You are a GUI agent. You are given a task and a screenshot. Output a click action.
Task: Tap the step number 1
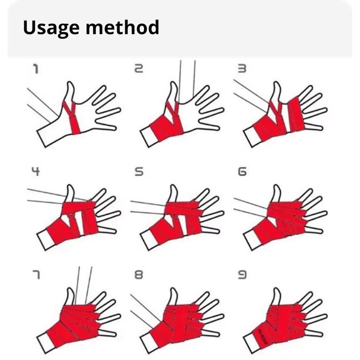[x=35, y=68]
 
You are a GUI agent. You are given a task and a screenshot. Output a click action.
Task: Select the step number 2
[x=139, y=68]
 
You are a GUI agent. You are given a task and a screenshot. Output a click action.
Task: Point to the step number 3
[x=242, y=68]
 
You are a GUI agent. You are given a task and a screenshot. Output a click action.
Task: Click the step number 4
[x=35, y=171]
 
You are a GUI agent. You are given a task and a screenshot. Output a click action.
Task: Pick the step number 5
[x=139, y=172]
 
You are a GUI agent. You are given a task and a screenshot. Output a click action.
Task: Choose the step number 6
[x=242, y=172]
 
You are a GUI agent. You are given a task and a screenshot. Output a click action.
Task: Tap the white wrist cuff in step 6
[x=252, y=240]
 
